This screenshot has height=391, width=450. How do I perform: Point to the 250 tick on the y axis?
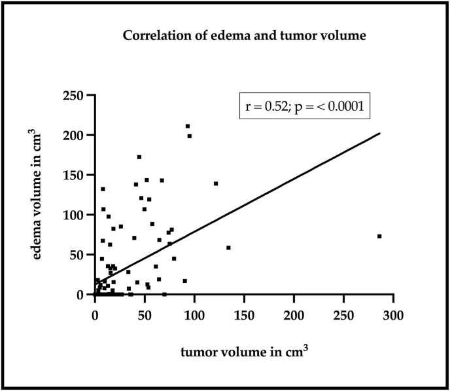(x=76, y=96)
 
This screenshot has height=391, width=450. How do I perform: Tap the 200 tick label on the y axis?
(x=76, y=136)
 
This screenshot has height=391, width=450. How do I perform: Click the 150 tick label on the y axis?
(x=76, y=176)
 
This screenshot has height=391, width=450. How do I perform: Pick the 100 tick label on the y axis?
(x=76, y=215)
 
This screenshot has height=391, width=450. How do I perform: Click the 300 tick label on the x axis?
(x=393, y=315)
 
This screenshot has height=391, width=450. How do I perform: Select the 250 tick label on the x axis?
(x=343, y=315)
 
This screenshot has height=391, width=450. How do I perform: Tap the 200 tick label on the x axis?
(x=294, y=315)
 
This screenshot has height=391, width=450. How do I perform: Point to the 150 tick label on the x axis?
(x=244, y=315)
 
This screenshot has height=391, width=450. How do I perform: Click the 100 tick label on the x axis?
(x=194, y=315)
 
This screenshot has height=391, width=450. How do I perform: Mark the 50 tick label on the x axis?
(x=145, y=315)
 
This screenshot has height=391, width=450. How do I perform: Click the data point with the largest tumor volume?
(x=379, y=236)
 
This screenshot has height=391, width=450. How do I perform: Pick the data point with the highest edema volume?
(x=188, y=126)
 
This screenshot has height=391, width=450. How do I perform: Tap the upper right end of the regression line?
(x=379, y=134)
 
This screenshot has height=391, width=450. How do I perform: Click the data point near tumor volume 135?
(x=228, y=248)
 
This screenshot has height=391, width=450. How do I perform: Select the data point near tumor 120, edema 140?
(x=216, y=183)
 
